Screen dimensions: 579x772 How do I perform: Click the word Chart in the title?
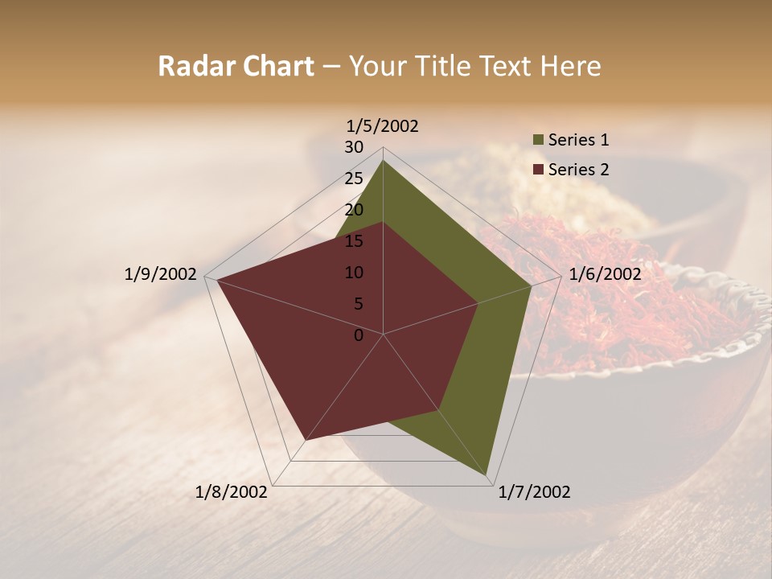(274, 66)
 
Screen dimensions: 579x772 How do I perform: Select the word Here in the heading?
(572, 66)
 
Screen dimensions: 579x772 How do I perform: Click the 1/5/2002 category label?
(383, 125)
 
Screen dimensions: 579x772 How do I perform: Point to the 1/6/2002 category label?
(605, 274)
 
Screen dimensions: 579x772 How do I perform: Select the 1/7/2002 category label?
(534, 492)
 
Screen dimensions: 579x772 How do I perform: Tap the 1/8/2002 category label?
(232, 492)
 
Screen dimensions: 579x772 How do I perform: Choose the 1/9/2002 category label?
(161, 274)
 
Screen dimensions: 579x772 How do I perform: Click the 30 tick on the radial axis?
(354, 147)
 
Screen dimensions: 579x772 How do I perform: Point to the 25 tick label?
(354, 179)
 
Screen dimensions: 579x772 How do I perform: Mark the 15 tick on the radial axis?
(354, 241)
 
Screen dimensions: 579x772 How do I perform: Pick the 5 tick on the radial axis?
(358, 304)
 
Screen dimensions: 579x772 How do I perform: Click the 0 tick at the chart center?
(359, 335)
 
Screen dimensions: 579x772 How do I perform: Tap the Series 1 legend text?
(578, 140)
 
